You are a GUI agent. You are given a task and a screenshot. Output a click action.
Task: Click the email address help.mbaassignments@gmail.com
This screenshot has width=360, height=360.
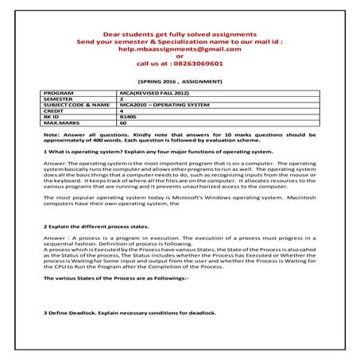180,49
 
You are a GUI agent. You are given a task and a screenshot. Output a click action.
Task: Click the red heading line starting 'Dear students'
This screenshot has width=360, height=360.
180,34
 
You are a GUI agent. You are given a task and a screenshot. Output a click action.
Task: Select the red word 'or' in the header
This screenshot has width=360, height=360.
180,57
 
